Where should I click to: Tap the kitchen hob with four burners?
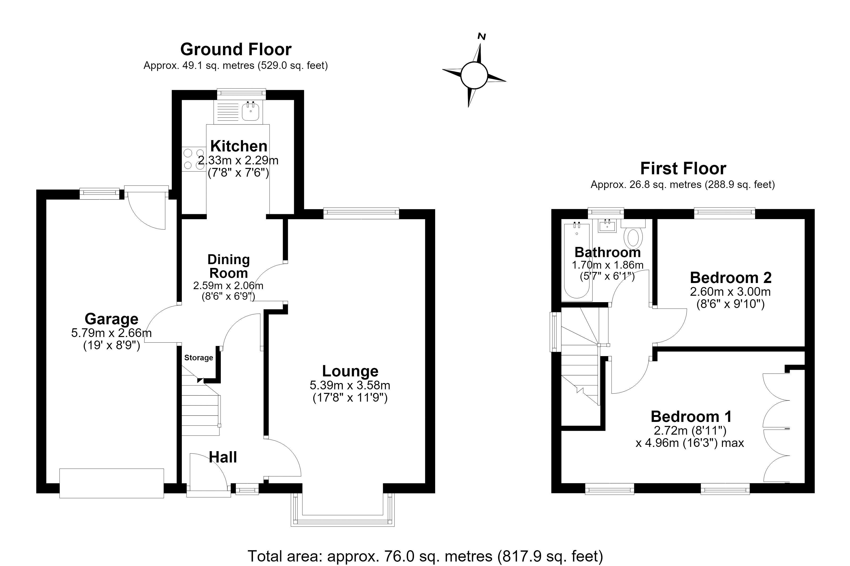(194, 159)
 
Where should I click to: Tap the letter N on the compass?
(481, 37)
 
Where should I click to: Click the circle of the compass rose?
(474, 75)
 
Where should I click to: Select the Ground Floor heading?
(236, 50)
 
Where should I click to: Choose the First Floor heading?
(683, 169)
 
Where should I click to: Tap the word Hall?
(223, 457)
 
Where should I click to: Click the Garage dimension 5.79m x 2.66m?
(111, 333)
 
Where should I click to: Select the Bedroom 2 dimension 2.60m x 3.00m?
(730, 292)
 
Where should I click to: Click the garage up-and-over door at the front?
(112, 483)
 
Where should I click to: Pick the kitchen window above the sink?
(241, 94)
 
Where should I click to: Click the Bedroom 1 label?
(691, 416)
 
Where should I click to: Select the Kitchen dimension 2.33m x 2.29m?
(238, 160)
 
